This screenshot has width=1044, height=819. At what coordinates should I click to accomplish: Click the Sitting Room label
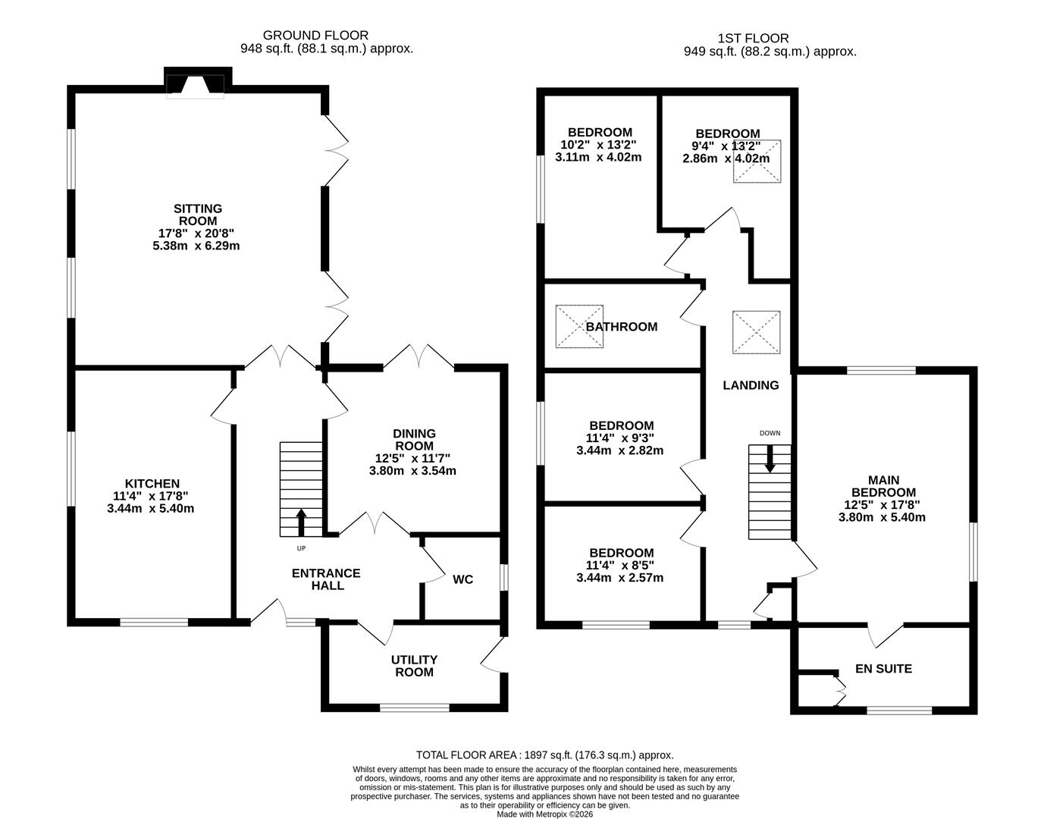(197, 215)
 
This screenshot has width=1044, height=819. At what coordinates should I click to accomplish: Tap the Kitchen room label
(152, 484)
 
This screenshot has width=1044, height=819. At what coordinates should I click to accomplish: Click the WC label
(462, 579)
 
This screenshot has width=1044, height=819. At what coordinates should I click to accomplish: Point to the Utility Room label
(414, 666)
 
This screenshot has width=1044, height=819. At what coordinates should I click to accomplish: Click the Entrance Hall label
(326, 579)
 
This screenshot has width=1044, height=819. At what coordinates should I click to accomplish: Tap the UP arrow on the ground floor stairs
(300, 522)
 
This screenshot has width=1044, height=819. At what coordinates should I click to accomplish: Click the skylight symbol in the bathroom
(579, 327)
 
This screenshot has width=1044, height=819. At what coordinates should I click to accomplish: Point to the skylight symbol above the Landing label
(756, 332)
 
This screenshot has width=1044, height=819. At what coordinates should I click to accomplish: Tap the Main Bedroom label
(883, 486)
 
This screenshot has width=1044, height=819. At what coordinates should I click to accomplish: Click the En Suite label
(883, 669)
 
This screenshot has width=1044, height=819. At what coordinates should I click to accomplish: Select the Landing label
(751, 385)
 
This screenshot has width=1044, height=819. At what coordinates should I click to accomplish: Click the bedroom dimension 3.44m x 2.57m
(619, 578)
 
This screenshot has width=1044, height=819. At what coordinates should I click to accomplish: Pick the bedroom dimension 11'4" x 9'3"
(619, 438)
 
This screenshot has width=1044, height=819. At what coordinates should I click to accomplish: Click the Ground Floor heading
(315, 35)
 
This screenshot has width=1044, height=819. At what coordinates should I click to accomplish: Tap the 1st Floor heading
(752, 38)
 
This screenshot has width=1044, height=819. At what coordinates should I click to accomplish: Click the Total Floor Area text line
(544, 755)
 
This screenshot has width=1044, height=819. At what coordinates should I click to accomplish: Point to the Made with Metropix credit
(544, 814)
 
